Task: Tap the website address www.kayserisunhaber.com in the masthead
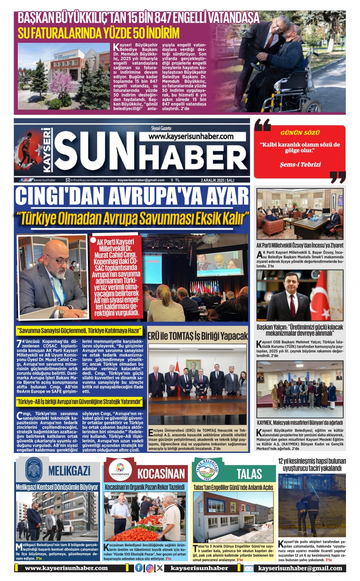(191, 136)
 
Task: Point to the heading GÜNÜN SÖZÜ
(300, 133)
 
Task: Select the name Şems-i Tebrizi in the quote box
(300, 164)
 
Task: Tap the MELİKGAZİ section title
(69, 471)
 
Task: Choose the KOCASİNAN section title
(161, 473)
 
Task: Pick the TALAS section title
(249, 473)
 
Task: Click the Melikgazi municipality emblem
(34, 469)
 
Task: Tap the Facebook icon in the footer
(139, 568)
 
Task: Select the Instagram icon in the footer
(150, 568)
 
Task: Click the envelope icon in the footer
(249, 568)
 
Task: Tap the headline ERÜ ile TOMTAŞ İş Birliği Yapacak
(197, 336)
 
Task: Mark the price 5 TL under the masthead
(175, 180)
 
